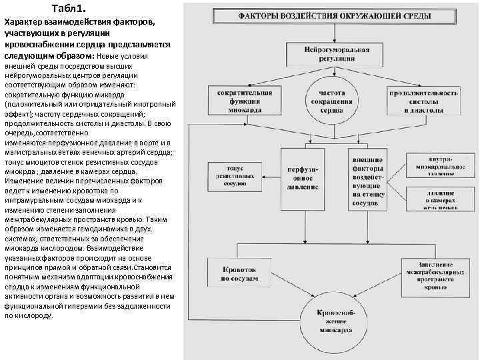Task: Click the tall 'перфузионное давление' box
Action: coord(302,178)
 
